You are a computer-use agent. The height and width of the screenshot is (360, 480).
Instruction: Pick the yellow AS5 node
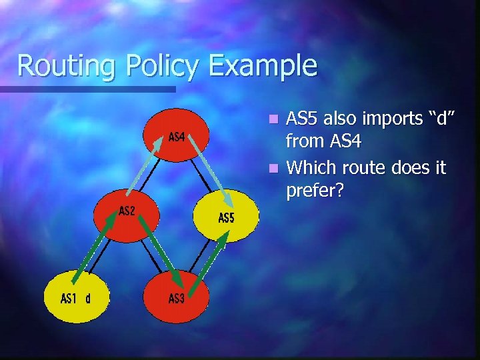click(225, 217)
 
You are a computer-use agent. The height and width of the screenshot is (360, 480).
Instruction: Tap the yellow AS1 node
click(75, 298)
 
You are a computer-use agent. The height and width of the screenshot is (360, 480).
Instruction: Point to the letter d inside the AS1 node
click(87, 298)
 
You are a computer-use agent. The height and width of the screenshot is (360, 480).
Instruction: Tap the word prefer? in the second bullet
click(315, 191)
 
